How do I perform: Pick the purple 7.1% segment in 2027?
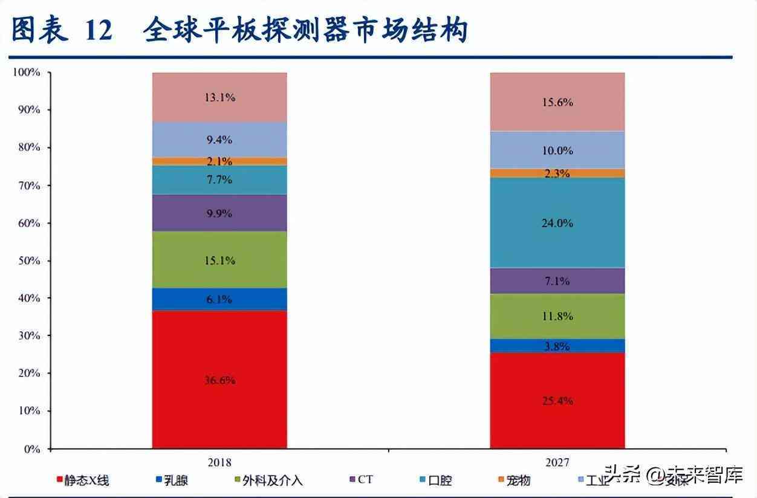(x=557, y=281)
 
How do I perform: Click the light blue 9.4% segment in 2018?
(x=219, y=140)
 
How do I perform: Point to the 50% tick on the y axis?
(x=28, y=260)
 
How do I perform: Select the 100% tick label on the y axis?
(x=26, y=73)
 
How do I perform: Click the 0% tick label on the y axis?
(x=31, y=449)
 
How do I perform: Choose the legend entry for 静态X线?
(x=85, y=481)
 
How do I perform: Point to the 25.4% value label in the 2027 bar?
(x=557, y=401)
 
